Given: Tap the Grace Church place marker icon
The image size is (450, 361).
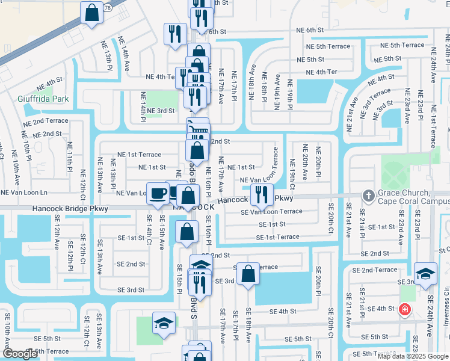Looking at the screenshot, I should pos(368,196).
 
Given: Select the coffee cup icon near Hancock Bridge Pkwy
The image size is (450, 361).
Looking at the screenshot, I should pos(158,194).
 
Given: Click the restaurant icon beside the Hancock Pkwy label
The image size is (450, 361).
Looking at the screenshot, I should pos(261,194).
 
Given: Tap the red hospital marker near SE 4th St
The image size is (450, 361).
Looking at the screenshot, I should pos(405,310).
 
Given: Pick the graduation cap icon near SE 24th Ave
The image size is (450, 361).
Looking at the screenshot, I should pos(425,273).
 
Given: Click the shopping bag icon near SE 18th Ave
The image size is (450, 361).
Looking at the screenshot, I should pos(248,274).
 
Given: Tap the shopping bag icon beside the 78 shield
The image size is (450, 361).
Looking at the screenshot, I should pos(92,13).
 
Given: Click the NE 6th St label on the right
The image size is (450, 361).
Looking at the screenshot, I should pos(310,30).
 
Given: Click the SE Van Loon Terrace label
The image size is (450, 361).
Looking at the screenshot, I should pos(271,212).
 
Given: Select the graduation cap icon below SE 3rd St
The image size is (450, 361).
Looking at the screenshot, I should pos(164,322).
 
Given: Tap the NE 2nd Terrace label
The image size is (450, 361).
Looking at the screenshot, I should pos(46,122).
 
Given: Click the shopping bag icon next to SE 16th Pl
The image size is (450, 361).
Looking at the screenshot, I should pos(187,231).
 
